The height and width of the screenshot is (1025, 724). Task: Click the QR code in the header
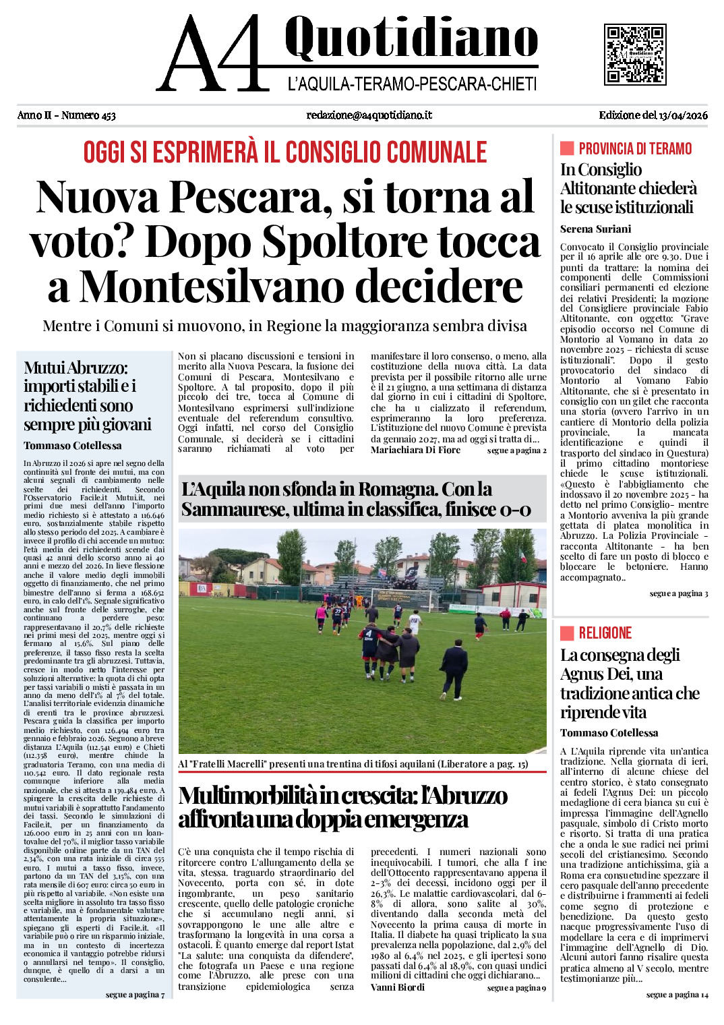[x=635, y=55]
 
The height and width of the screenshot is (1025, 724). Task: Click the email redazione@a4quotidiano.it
[x=369, y=115]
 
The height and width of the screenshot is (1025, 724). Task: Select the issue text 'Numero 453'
[x=88, y=115]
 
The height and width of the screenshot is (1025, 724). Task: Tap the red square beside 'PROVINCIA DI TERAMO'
[x=567, y=148]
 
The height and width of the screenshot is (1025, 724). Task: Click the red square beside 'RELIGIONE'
[x=567, y=633]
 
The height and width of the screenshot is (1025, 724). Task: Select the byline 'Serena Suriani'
[x=595, y=229]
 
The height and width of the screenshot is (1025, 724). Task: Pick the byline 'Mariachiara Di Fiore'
[x=415, y=450]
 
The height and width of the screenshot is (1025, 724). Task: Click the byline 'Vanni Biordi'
[x=398, y=987]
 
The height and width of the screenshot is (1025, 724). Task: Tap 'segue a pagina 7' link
[x=135, y=995]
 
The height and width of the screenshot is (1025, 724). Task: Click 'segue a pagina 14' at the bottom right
[x=677, y=995]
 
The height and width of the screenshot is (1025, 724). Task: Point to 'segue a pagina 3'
[x=679, y=593]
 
